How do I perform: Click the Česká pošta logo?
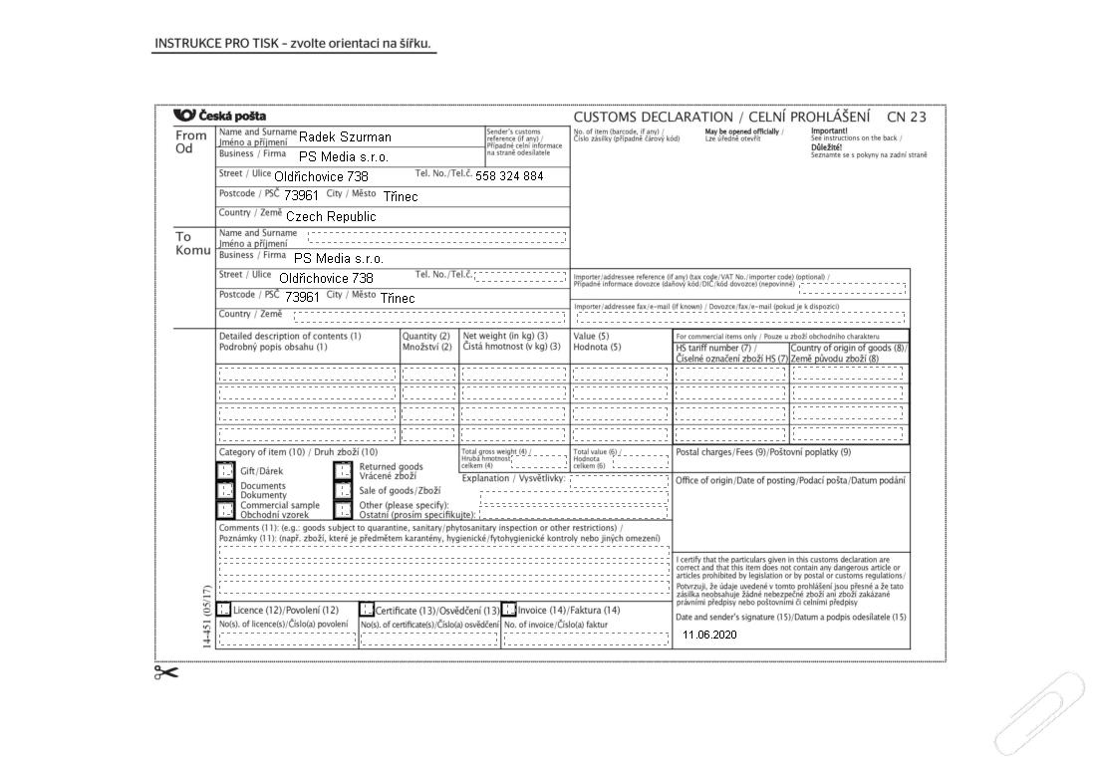point(218,117)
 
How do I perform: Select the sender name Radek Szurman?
point(345,136)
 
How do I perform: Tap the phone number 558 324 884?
point(509,176)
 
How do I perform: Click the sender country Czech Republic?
point(331,216)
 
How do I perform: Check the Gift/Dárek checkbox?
point(226,470)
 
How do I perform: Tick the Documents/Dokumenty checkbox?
point(226,490)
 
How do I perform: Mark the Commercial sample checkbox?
point(226,509)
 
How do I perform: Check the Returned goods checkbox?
point(343,470)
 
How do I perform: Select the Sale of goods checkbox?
point(343,490)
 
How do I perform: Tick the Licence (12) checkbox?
point(224,610)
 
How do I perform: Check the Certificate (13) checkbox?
point(367,610)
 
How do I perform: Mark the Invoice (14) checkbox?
point(509,610)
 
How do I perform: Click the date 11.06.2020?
point(709,635)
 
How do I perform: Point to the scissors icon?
point(166,672)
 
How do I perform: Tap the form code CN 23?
point(906,117)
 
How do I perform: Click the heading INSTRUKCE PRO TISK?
point(295,44)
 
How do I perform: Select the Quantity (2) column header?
point(427,342)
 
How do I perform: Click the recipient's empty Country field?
point(429,317)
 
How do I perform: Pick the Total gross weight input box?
point(539,461)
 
